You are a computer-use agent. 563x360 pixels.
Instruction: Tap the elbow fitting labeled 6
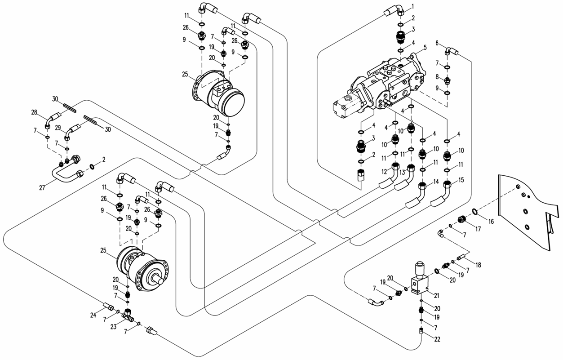(452, 52)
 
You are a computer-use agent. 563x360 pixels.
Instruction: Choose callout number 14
(436, 182)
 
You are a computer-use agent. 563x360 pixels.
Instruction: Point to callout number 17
(478, 229)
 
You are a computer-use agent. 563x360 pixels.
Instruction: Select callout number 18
(478, 265)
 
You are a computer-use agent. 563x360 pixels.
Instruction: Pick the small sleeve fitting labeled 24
(107, 307)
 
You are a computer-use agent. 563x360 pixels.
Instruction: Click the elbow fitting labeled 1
(395, 10)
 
